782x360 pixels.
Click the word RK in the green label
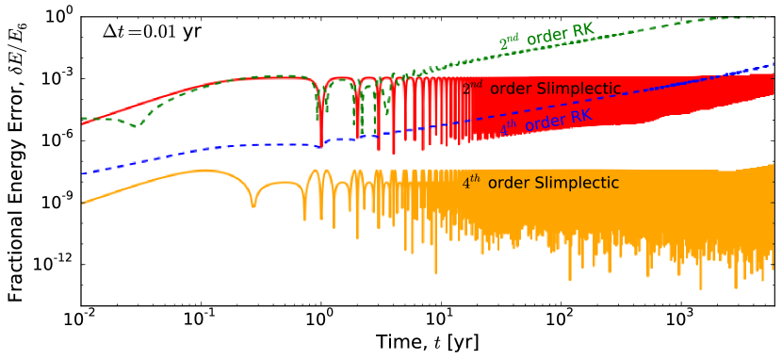[x=582, y=31]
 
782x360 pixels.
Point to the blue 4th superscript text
[x=509, y=129]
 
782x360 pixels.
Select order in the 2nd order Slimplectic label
[x=511, y=90]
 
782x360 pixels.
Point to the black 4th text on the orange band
[x=471, y=183]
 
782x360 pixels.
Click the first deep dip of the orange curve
[x=253, y=205]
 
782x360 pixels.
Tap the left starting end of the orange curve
[x=83, y=204]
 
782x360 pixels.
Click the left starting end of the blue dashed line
[x=83, y=173]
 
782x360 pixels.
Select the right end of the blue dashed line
[x=774, y=64]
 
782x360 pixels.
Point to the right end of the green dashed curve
[x=774, y=17]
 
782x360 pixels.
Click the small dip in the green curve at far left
[x=138, y=125]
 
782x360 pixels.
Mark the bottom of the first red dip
[x=321, y=146]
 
